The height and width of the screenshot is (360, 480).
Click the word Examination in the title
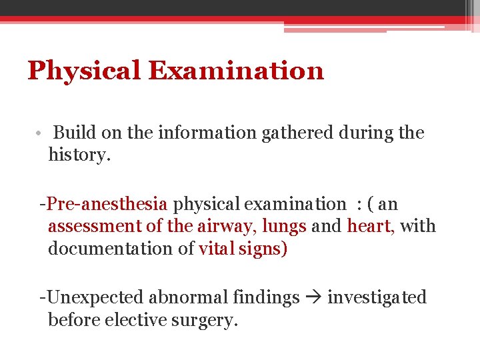click(236, 70)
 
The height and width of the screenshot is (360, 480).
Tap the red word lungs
click(284, 227)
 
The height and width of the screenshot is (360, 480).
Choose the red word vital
click(214, 249)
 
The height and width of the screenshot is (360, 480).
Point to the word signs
click(261, 249)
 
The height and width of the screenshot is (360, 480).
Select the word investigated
click(377, 297)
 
